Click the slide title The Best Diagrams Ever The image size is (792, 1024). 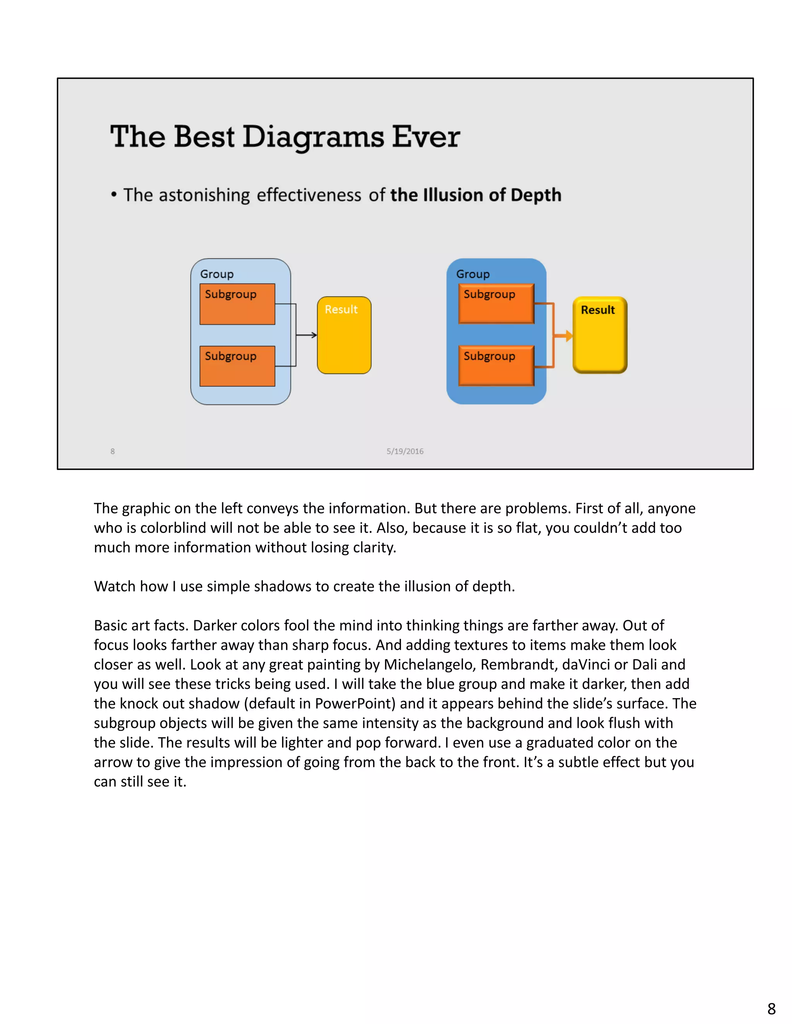pos(285,137)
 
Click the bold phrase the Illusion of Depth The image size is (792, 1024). pos(475,195)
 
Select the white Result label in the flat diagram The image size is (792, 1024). pos(341,310)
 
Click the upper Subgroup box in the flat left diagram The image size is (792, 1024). pos(237,304)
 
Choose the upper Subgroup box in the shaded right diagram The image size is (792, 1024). pos(496,303)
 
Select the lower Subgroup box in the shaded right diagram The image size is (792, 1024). pos(496,366)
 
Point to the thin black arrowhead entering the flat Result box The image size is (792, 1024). pos(314,335)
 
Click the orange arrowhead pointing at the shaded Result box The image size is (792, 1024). pos(568,336)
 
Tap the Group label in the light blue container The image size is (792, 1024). pos(217,274)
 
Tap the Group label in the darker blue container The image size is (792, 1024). pos(473,274)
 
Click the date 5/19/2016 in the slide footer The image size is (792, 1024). pos(405,451)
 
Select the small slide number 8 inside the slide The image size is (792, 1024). pos(113,451)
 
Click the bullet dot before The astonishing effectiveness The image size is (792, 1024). pos(114,195)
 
